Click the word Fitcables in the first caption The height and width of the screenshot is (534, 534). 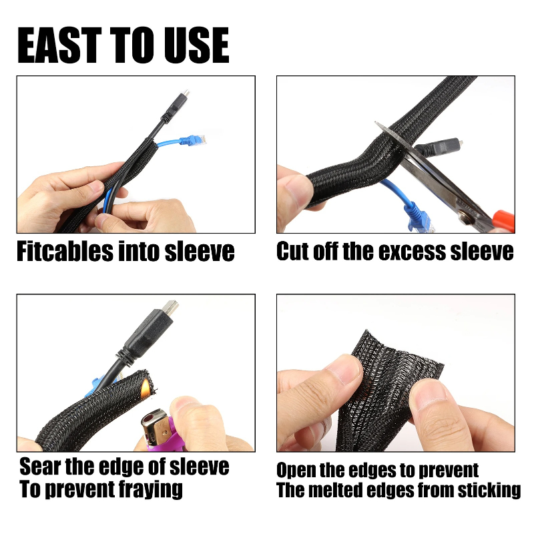coord(65,252)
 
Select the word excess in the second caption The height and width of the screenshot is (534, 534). coord(412,252)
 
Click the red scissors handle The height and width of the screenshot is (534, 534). coord(503,221)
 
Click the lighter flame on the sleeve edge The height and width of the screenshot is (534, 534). coord(146,388)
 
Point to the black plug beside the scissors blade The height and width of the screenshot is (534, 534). coord(439,147)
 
